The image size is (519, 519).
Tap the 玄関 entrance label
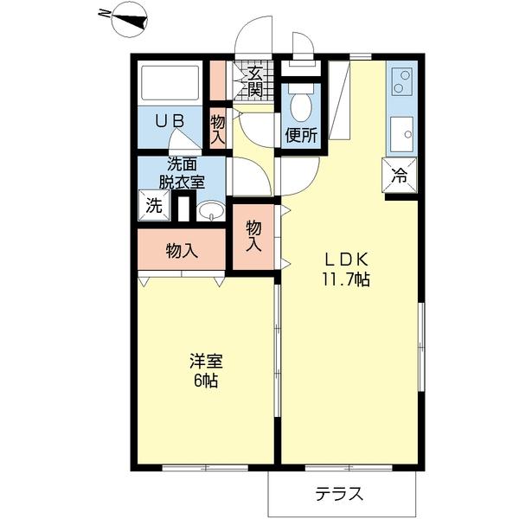tap(256, 81)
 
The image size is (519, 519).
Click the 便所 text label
tap(302, 135)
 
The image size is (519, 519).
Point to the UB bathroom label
tap(170, 122)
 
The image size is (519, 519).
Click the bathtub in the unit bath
tap(170, 84)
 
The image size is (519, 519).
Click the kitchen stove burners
tap(401, 81)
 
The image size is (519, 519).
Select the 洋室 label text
tap(206, 361)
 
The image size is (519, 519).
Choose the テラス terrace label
tap(338, 495)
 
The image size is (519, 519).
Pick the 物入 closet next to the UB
tap(218, 128)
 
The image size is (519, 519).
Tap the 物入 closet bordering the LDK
tap(254, 236)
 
